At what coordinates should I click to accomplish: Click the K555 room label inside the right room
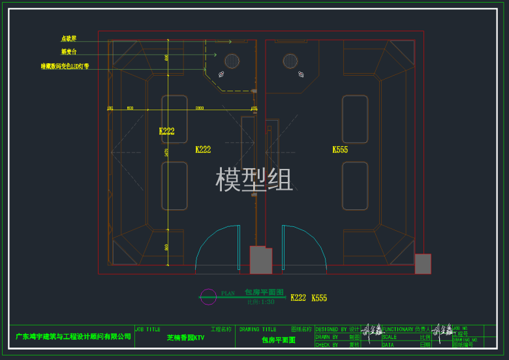(339, 149)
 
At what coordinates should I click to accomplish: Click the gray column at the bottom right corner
(423, 263)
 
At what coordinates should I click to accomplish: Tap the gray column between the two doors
(260, 260)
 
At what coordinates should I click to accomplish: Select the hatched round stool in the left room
(232, 61)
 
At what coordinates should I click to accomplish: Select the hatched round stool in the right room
(290, 61)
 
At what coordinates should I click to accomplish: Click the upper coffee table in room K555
(355, 119)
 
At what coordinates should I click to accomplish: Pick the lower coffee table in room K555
(355, 186)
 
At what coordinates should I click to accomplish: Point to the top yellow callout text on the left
(69, 38)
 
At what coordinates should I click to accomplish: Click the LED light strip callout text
(74, 66)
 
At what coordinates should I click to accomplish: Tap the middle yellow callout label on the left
(69, 52)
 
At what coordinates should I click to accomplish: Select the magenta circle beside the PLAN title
(208, 297)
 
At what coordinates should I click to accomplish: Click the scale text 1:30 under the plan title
(260, 302)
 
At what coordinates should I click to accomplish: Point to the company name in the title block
(73, 337)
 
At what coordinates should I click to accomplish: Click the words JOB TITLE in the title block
(147, 329)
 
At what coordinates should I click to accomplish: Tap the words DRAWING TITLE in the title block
(258, 329)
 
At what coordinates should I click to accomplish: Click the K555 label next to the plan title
(319, 298)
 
